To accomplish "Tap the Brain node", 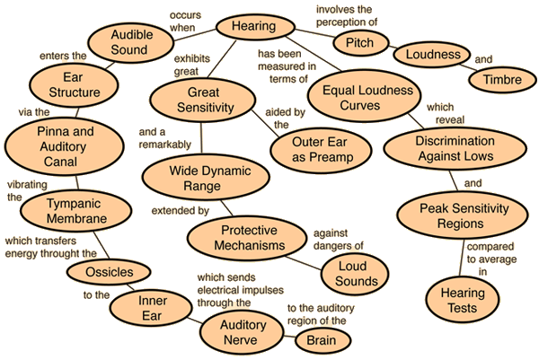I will [x=322, y=341].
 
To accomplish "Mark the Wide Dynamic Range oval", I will [x=202, y=176].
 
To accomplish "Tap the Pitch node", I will [x=353, y=41].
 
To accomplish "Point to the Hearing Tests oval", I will [x=463, y=301].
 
